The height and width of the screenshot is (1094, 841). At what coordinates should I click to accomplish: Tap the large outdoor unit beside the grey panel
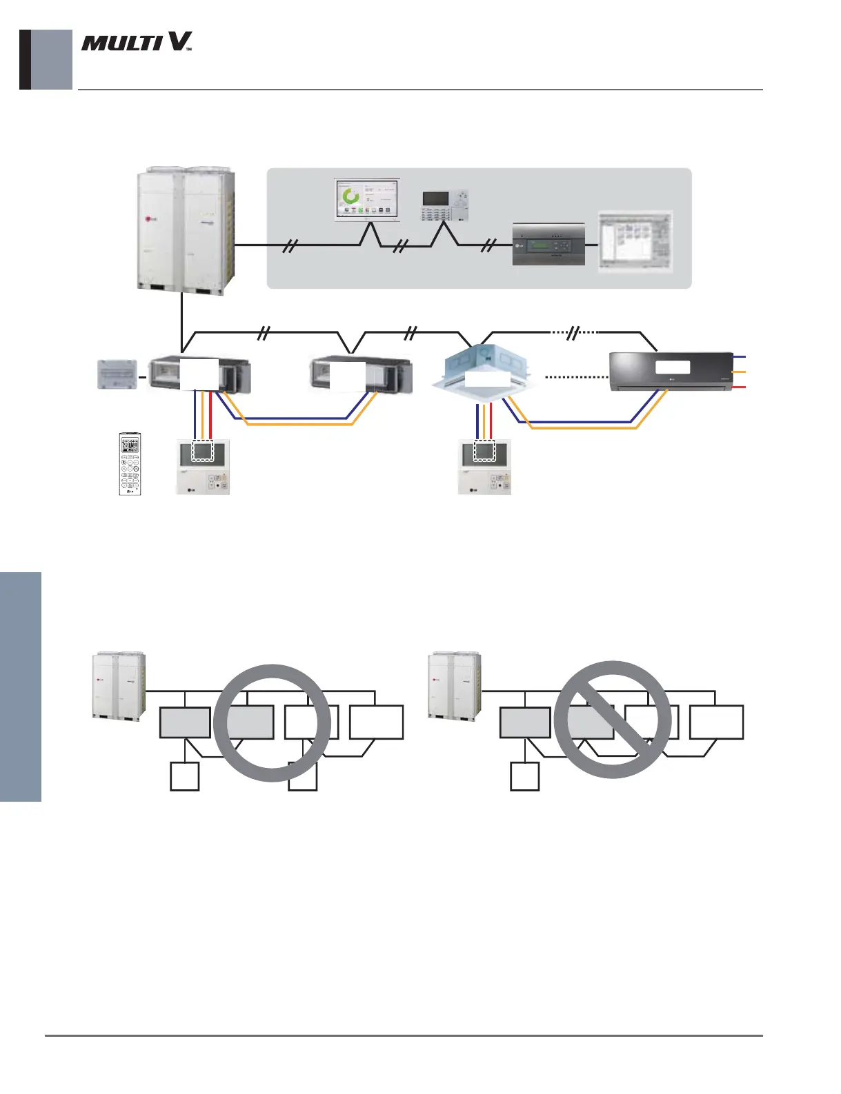coord(186,230)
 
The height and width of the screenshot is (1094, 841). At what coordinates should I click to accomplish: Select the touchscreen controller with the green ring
coord(367,200)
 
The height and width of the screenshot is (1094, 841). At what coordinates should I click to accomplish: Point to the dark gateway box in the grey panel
coord(548,245)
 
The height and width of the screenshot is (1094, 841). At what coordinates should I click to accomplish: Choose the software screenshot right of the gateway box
coord(635,241)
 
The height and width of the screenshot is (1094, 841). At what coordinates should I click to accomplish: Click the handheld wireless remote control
coord(130,463)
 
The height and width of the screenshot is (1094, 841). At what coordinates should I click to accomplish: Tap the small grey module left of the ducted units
coord(117,376)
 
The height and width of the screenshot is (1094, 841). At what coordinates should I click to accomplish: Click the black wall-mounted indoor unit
coord(671,372)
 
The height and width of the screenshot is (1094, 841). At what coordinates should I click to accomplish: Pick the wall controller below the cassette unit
coord(485,467)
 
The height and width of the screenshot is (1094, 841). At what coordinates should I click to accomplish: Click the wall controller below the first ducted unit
coord(202,467)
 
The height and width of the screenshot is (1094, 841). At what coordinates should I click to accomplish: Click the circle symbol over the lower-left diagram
coord(272,722)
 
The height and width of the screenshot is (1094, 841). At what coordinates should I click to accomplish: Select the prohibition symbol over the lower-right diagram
coord(613,720)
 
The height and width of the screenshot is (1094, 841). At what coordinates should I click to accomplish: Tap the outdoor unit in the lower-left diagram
coord(119,686)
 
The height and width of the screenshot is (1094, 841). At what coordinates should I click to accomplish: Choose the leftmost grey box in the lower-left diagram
coord(185,722)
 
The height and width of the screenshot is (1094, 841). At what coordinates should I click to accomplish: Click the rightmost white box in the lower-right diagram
coord(716,722)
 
